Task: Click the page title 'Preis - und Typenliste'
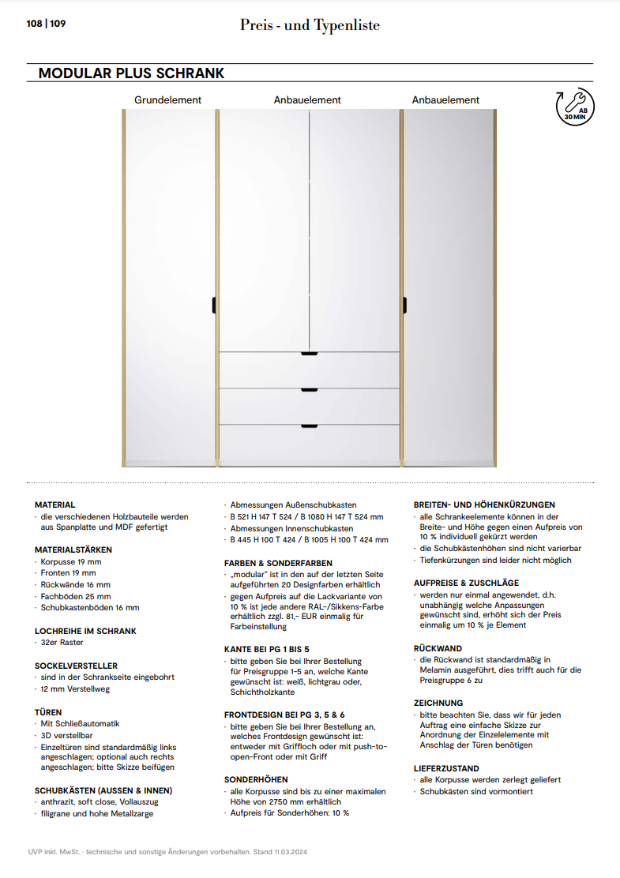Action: [x=310, y=25]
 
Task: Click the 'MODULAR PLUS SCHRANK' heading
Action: [x=131, y=73]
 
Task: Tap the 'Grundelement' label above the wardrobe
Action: [x=167, y=100]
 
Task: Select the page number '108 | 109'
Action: [x=46, y=24]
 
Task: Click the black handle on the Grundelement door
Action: [x=213, y=304]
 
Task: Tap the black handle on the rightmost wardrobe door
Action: [x=404, y=304]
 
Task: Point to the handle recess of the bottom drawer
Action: [x=309, y=427]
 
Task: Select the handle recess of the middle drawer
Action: [x=309, y=389]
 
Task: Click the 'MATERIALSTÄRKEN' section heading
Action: [x=73, y=550]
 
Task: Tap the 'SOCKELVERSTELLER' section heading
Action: [x=76, y=666]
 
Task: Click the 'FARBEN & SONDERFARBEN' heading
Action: [x=272, y=563]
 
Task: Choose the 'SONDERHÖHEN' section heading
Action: [x=256, y=779]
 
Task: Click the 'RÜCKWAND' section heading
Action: [x=438, y=648]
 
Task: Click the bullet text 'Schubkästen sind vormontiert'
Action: [x=476, y=791]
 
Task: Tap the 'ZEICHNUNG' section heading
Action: [x=438, y=703]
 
